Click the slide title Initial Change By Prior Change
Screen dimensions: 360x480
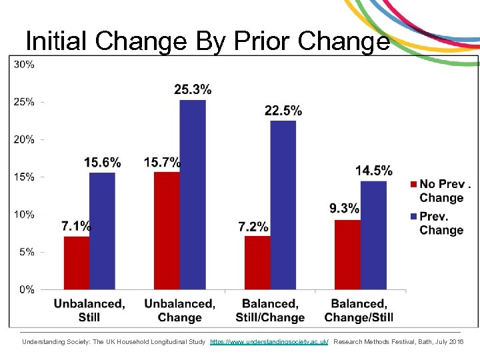click(x=207, y=41)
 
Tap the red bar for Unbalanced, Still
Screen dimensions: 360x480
click(x=77, y=263)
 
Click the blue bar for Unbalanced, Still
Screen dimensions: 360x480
click(x=102, y=231)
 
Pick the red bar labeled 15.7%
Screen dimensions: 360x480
click(x=167, y=230)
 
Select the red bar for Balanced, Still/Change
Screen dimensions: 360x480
click(x=257, y=263)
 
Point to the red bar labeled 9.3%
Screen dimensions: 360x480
click(x=347, y=255)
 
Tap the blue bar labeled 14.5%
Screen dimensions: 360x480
click(x=373, y=235)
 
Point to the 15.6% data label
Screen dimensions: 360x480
click(x=103, y=163)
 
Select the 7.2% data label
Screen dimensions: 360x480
click(x=253, y=227)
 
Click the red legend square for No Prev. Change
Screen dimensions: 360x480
click(x=413, y=184)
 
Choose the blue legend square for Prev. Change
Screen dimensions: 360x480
click(x=413, y=216)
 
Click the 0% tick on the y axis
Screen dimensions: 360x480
click(x=27, y=289)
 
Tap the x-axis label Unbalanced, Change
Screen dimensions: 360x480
click(x=179, y=310)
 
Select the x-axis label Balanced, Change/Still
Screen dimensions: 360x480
click(x=359, y=310)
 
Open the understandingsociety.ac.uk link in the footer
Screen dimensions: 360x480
click(x=269, y=341)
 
